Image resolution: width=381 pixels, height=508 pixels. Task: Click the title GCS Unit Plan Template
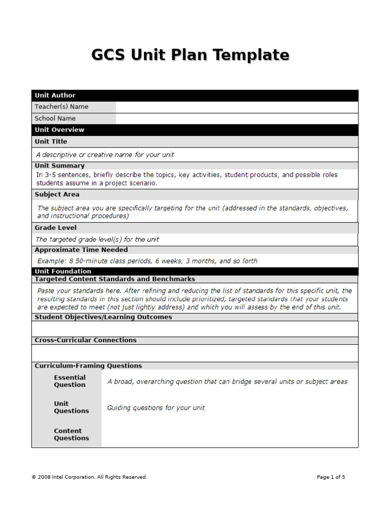coord(190,55)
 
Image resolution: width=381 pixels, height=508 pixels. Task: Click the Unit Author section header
coord(55,95)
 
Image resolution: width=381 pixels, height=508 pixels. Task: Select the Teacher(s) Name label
coord(62,107)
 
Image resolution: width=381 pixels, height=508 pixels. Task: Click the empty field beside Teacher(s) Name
coord(237,107)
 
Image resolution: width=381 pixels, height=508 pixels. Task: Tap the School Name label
coord(55,119)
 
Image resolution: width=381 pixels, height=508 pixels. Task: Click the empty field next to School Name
coord(237,119)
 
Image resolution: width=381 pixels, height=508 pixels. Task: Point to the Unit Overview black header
coord(60,130)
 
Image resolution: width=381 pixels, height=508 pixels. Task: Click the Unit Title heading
coord(51,141)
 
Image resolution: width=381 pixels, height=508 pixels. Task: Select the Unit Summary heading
coord(60,166)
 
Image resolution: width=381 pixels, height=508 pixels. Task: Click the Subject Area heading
coord(57,194)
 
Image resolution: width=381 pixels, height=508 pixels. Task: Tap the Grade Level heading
coord(56,228)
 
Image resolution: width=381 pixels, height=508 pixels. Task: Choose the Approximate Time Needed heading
coord(81,250)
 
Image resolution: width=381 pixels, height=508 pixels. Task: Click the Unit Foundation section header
coord(63,271)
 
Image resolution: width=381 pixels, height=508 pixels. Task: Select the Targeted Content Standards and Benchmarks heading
coord(115,279)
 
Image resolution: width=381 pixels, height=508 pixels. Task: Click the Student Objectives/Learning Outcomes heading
coord(103,317)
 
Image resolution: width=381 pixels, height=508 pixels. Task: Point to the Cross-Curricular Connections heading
coord(85,340)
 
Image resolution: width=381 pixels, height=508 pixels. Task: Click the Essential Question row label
coord(70,381)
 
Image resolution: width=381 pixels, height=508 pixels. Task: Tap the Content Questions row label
coord(71,435)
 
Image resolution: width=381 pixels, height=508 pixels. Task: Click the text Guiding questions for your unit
coord(156,408)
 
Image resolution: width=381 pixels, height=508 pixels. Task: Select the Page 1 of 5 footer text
coord(331,477)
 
